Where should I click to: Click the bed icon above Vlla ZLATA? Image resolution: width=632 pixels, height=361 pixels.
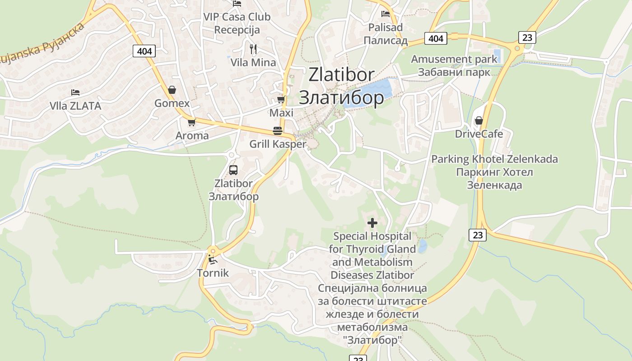pyautogui.click(x=75, y=93)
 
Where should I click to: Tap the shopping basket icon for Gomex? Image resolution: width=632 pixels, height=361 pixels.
pyautogui.click(x=172, y=90)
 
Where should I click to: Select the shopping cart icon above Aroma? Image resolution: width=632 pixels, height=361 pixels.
pyautogui.click(x=192, y=122)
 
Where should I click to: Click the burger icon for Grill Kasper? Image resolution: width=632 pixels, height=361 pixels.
pyautogui.click(x=278, y=131)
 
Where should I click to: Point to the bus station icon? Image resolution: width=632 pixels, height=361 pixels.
pyautogui.click(x=233, y=170)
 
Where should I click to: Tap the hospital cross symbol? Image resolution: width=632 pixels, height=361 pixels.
pyautogui.click(x=372, y=222)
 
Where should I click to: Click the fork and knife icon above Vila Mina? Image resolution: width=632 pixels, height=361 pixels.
pyautogui.click(x=253, y=49)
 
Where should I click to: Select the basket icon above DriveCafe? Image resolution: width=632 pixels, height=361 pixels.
pyautogui.click(x=479, y=120)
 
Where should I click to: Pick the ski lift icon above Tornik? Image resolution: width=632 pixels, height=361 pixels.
pyautogui.click(x=212, y=259)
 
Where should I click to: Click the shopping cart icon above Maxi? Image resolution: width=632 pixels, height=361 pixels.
pyautogui.click(x=281, y=99)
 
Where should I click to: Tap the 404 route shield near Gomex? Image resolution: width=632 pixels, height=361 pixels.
pyautogui.click(x=144, y=51)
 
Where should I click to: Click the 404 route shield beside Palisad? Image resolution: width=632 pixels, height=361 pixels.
pyautogui.click(x=436, y=38)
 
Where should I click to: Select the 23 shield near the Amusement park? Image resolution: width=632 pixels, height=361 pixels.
pyautogui.click(x=527, y=37)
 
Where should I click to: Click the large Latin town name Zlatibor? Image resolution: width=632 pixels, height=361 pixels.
pyautogui.click(x=341, y=75)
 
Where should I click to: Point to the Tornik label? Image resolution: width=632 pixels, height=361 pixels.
pyautogui.click(x=213, y=273)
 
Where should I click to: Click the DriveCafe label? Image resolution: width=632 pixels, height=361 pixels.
pyautogui.click(x=479, y=134)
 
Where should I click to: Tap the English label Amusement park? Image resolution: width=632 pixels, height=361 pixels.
pyautogui.click(x=454, y=59)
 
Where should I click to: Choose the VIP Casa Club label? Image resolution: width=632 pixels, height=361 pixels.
pyautogui.click(x=237, y=17)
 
